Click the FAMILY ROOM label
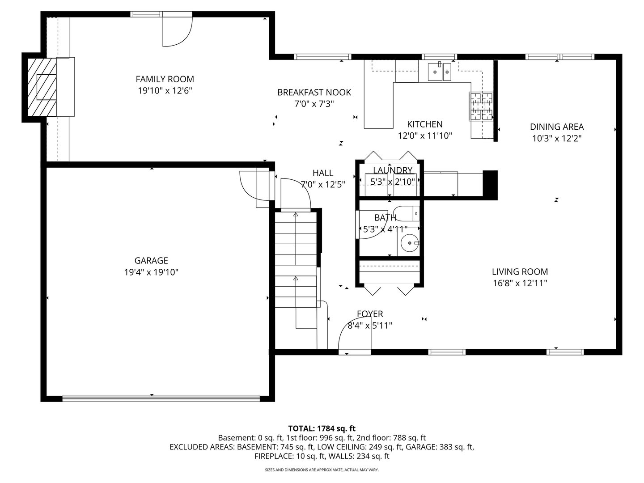(x=165, y=79)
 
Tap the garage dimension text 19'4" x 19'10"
(x=151, y=272)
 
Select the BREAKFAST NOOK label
(x=314, y=93)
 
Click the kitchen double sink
(x=440, y=72)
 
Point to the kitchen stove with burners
(x=481, y=106)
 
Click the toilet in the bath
(x=407, y=214)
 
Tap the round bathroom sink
(x=409, y=244)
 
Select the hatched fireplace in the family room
(x=41, y=87)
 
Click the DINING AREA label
(x=557, y=127)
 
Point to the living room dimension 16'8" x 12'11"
(x=520, y=283)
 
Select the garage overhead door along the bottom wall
(x=161, y=398)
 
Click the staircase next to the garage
(x=296, y=259)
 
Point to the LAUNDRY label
(x=392, y=170)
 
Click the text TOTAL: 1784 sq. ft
(x=322, y=428)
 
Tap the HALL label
(x=322, y=173)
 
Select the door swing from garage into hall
(x=253, y=186)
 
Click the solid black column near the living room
(x=491, y=184)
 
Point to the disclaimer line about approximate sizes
(x=322, y=470)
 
